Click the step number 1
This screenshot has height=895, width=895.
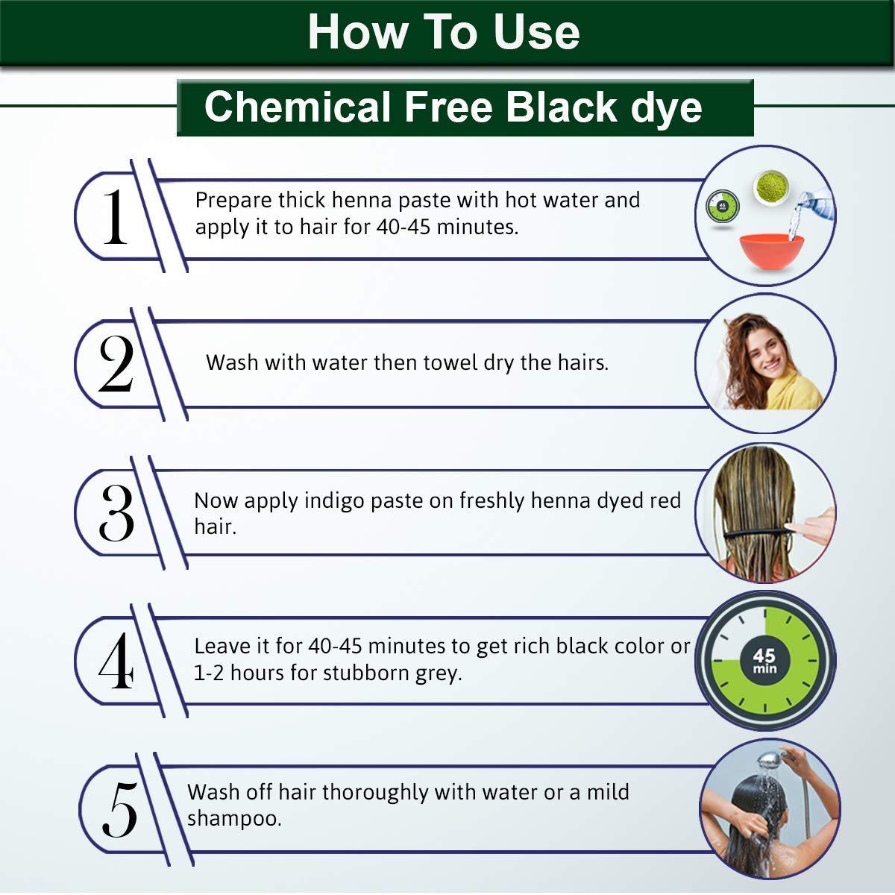pos(115,216)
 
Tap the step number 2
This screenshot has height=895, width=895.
pos(116,363)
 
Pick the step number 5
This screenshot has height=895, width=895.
pos(119,809)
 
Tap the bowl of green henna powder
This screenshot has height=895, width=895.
pos(772,186)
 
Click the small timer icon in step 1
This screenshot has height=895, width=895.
pos(722,207)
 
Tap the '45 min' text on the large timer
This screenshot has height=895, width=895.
pos(764,661)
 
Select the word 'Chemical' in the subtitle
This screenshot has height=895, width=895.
pos(297,107)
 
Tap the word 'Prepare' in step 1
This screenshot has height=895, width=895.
pos(233,201)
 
